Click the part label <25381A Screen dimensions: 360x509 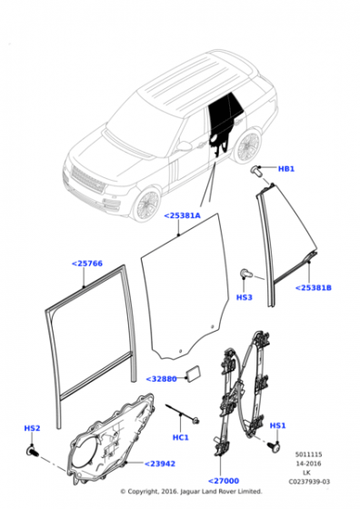coord(182,215)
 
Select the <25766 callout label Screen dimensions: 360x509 coord(87,264)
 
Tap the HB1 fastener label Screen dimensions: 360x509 coord(286,169)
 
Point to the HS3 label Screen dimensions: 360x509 coord(245,297)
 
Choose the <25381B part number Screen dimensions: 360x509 coord(314,287)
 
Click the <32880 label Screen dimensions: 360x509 coord(161,379)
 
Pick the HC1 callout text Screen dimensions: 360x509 coord(181,437)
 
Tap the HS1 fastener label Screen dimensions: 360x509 coord(278,425)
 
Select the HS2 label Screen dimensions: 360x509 coord(32,428)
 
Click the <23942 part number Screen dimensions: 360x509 coord(160,464)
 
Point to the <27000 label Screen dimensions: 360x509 coord(224,481)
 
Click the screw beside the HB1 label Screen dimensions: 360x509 coord(256,171)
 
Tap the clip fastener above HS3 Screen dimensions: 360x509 coord(245,274)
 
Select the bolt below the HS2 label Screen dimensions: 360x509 coord(32,451)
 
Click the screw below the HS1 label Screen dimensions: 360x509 coord(274,446)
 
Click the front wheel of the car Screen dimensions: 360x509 coord(146,205)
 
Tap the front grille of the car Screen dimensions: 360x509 coord(88,180)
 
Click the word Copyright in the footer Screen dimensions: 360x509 coord(142,492)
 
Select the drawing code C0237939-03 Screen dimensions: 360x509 coord(309,482)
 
